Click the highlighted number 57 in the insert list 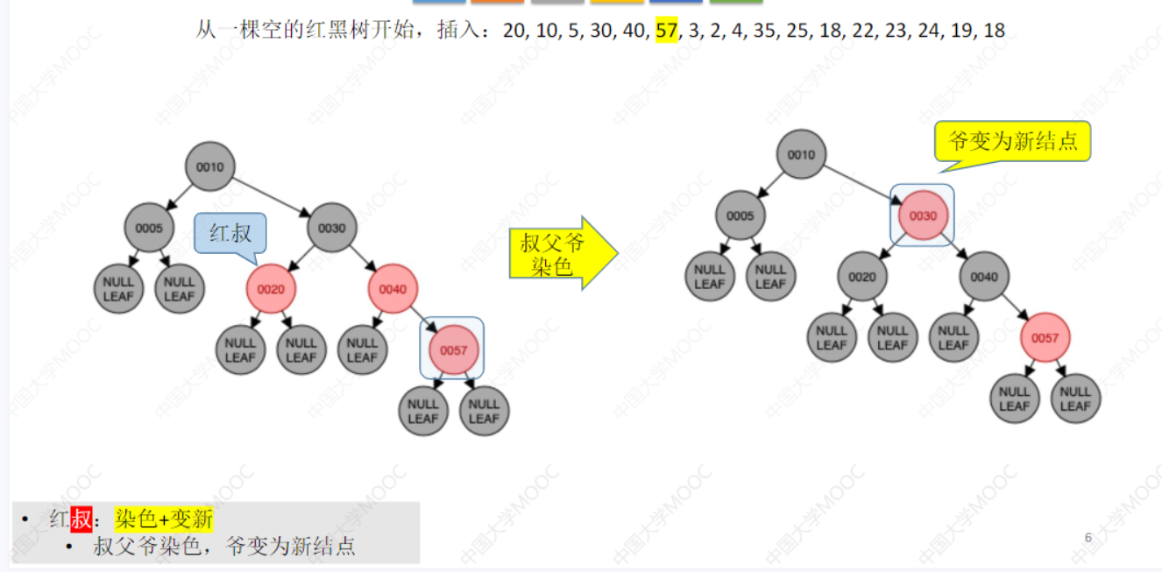click(x=667, y=32)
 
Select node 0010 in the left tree click(x=210, y=166)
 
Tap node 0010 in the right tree click(x=801, y=155)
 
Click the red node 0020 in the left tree click(x=271, y=289)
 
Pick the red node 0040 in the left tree click(x=393, y=289)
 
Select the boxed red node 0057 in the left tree click(x=453, y=350)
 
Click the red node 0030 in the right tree click(x=923, y=216)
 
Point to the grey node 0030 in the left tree click(x=332, y=229)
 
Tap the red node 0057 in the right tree click(x=1045, y=338)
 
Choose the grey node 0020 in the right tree click(x=861, y=277)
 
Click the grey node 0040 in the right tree click(x=984, y=277)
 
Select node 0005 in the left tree click(x=149, y=229)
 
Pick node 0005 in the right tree click(x=740, y=216)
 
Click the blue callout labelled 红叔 click(x=230, y=233)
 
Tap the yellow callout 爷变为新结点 click(x=1013, y=141)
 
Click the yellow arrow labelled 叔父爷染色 click(x=557, y=254)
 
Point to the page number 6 click(x=1088, y=538)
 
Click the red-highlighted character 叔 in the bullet click(x=81, y=519)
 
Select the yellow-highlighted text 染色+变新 click(x=164, y=519)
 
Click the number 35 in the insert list click(x=765, y=32)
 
